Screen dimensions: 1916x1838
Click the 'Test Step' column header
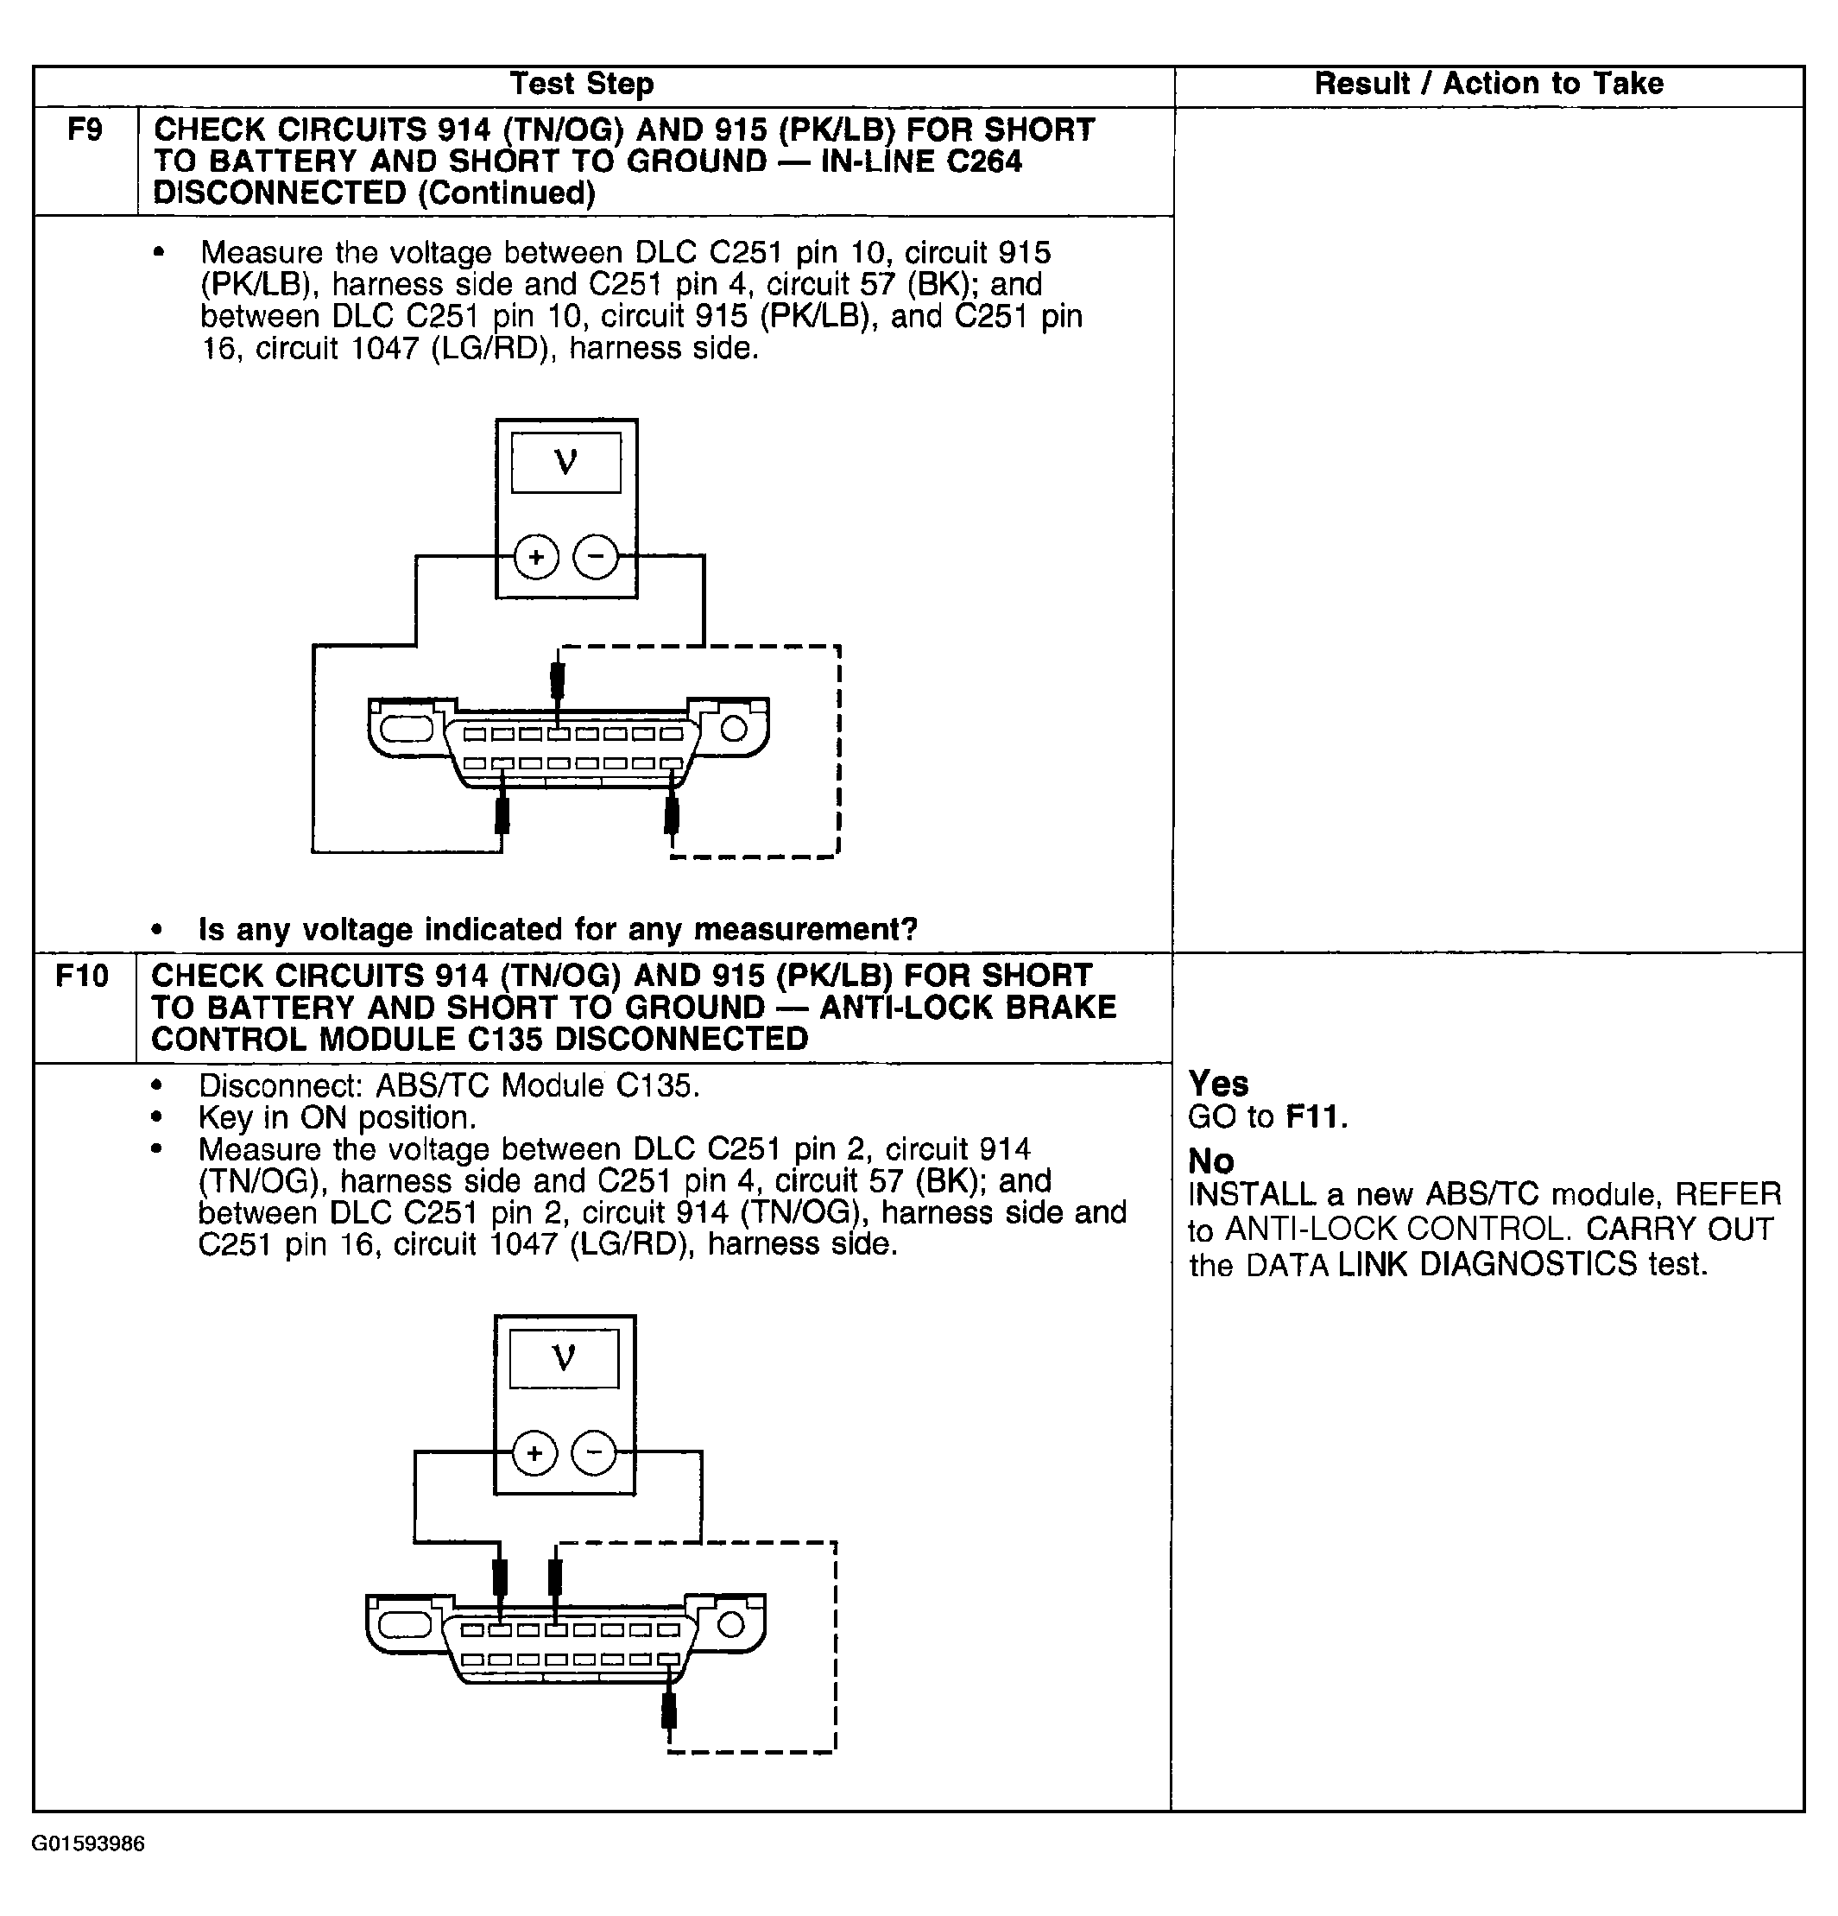(x=581, y=84)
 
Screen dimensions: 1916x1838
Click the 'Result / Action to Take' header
(x=1488, y=84)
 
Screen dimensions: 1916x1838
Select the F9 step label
(x=85, y=130)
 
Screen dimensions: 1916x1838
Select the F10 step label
(x=82, y=976)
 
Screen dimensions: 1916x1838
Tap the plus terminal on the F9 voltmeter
(x=535, y=557)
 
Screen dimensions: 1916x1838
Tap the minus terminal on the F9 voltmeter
(x=595, y=557)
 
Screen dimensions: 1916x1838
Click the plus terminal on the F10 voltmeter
(x=534, y=1452)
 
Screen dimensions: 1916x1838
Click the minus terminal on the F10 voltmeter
(x=593, y=1452)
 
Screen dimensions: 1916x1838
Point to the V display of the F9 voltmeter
(x=565, y=463)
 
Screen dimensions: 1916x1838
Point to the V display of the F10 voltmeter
(x=564, y=1358)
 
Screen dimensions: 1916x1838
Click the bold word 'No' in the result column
(x=1210, y=1161)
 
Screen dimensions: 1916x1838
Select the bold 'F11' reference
(x=1315, y=1116)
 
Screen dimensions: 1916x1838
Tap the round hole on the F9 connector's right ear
(x=734, y=728)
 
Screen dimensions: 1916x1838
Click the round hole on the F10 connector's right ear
(x=731, y=1625)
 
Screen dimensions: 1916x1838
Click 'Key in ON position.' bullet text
(x=337, y=1117)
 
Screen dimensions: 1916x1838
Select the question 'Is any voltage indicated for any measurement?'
(x=557, y=929)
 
